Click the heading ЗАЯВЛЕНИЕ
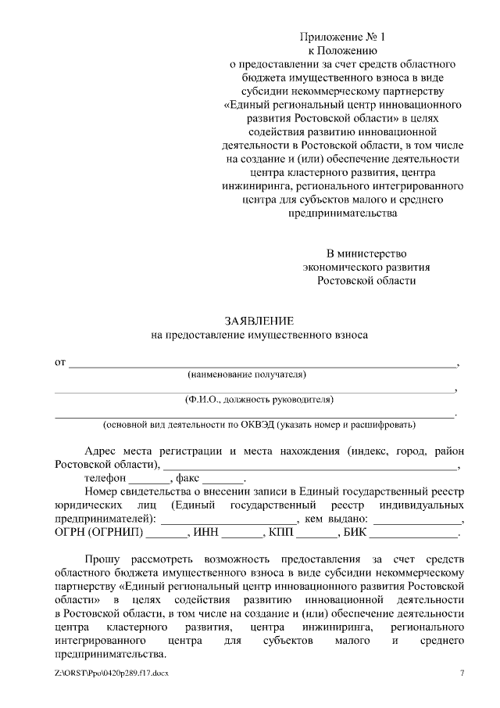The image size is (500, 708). coord(259,321)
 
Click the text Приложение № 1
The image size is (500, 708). coord(344,38)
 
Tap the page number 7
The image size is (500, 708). coord(462,674)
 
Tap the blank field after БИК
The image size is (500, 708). coord(413,534)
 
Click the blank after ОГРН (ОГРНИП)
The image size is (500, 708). coord(167,534)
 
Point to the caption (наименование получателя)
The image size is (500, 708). coord(259,376)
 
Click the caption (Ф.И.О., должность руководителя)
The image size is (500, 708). coord(259,400)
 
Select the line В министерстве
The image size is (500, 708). coord(366,253)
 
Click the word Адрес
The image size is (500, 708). coord(102,451)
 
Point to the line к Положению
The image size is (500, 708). coord(344,51)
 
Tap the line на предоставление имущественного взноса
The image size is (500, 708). coord(259,335)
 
